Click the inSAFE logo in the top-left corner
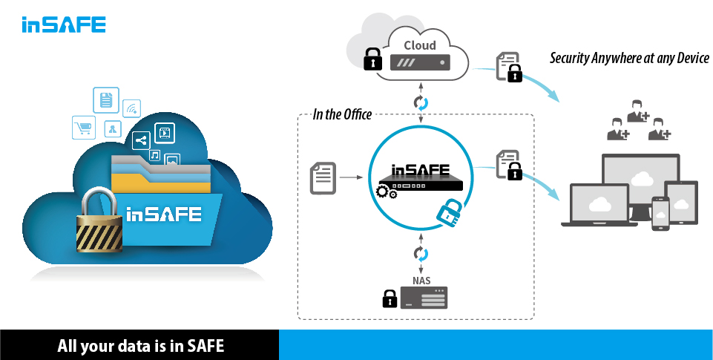point(63,24)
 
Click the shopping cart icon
point(84,128)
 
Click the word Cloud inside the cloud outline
point(420,45)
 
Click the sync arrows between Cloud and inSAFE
point(421,101)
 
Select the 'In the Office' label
point(342,114)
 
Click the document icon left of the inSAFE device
point(322,177)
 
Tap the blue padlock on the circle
point(447,213)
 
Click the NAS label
point(421,280)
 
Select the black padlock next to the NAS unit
point(389,298)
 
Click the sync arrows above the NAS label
point(421,254)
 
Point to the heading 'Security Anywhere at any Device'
point(629,59)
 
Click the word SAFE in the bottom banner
point(205,347)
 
